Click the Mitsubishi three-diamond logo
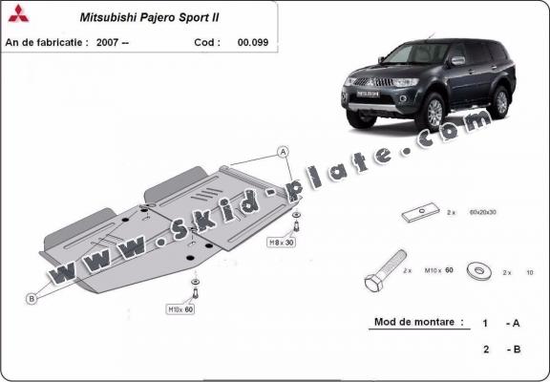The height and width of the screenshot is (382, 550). [18, 16]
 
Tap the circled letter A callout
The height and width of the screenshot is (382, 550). [283, 152]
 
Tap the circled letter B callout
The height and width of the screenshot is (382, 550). [31, 299]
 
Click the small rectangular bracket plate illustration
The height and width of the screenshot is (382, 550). [420, 214]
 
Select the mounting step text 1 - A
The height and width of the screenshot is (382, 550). [500, 324]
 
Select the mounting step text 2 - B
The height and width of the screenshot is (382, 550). [500, 350]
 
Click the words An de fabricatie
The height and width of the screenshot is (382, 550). [46, 42]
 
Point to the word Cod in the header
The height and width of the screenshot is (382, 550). [206, 42]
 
